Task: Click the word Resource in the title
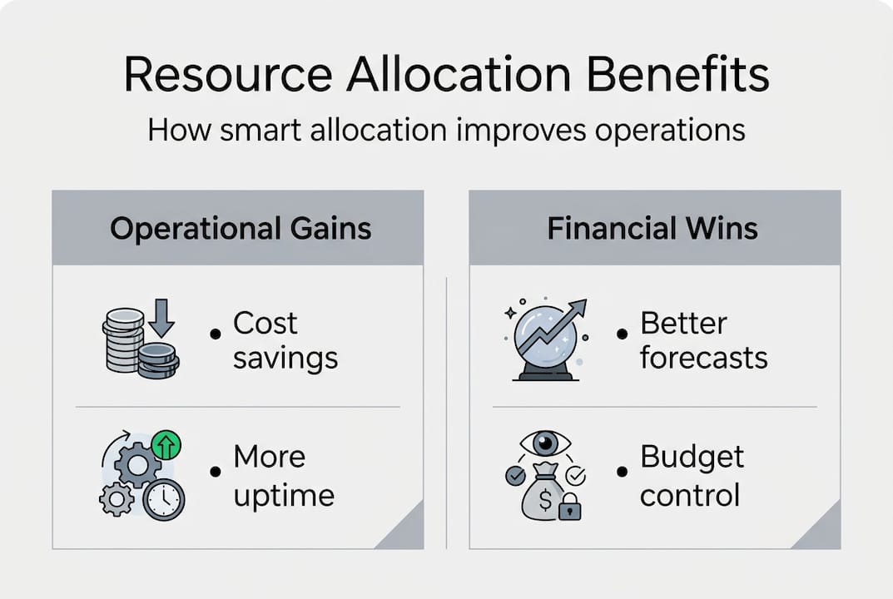pyautogui.click(x=226, y=76)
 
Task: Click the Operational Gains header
pyautogui.click(x=241, y=229)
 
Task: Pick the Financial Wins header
pyautogui.click(x=652, y=229)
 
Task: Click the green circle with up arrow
pyautogui.click(x=166, y=446)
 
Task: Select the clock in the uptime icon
pyautogui.click(x=163, y=499)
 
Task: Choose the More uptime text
pyautogui.click(x=283, y=476)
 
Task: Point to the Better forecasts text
pyautogui.click(x=703, y=340)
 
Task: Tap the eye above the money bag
pyautogui.click(x=545, y=443)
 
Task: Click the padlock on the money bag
pyautogui.click(x=570, y=507)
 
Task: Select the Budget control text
pyautogui.click(x=692, y=476)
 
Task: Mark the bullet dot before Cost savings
pyautogui.click(x=216, y=334)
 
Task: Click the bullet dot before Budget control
pyautogui.click(x=621, y=472)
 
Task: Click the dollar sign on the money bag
pyautogui.click(x=545, y=499)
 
